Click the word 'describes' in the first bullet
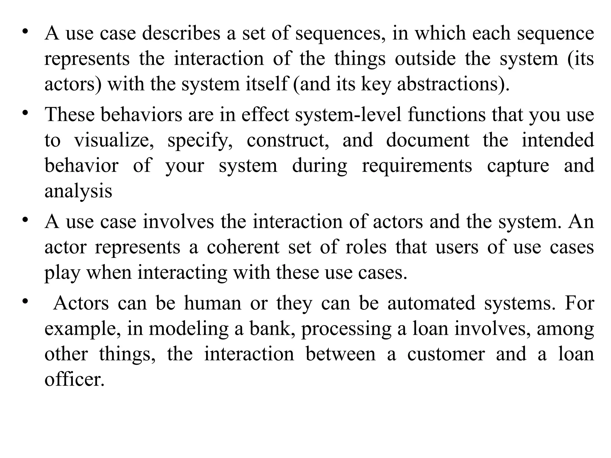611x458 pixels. click(x=181, y=33)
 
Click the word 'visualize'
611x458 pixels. click(x=114, y=140)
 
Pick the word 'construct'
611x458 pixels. click(x=288, y=140)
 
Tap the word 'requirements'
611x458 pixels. click(x=417, y=166)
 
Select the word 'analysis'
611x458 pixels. click(x=78, y=191)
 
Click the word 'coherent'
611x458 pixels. click(x=243, y=247)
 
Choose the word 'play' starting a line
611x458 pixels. click(x=62, y=273)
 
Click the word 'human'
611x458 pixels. click(x=212, y=304)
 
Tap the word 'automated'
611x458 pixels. click(x=431, y=304)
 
